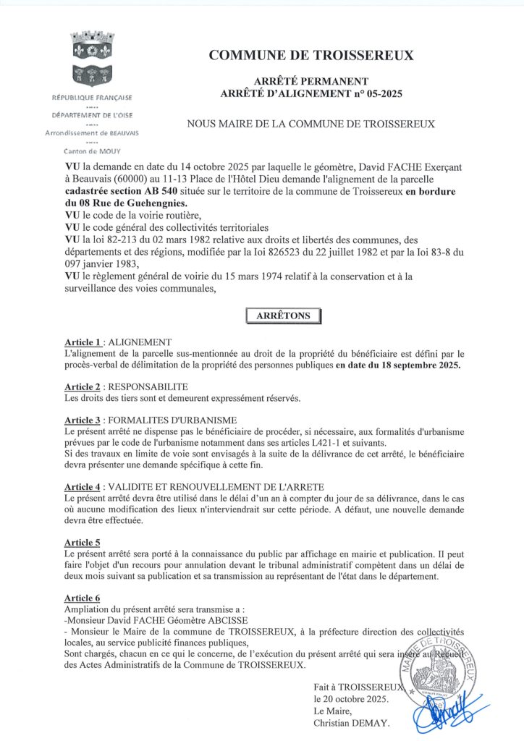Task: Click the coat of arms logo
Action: pyautogui.click(x=90, y=57)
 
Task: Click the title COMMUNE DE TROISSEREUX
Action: pyautogui.click(x=311, y=55)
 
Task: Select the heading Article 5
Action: pyautogui.click(x=82, y=542)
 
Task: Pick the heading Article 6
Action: pyautogui.click(x=82, y=598)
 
